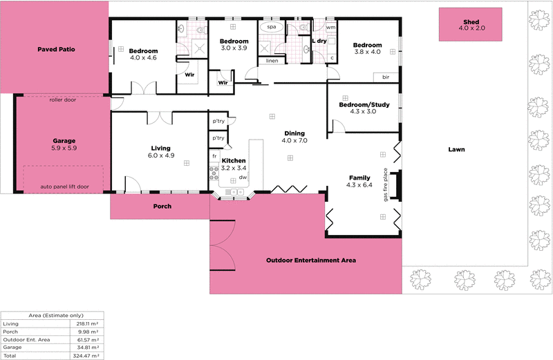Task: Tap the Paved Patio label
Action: [x=57, y=50]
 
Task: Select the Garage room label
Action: [x=64, y=140]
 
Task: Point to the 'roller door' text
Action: [x=62, y=100]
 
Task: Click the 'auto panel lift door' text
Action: [x=64, y=187]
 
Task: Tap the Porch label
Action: [x=162, y=206]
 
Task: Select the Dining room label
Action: [x=294, y=133]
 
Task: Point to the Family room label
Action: [x=360, y=178]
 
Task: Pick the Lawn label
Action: [x=456, y=149]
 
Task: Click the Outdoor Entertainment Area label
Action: [x=311, y=260]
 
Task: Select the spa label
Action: [x=271, y=27]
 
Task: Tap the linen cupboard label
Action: [x=272, y=61]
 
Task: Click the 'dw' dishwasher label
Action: [x=243, y=178]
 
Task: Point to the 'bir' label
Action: [x=386, y=77]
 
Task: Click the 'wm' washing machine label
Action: [x=330, y=28]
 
